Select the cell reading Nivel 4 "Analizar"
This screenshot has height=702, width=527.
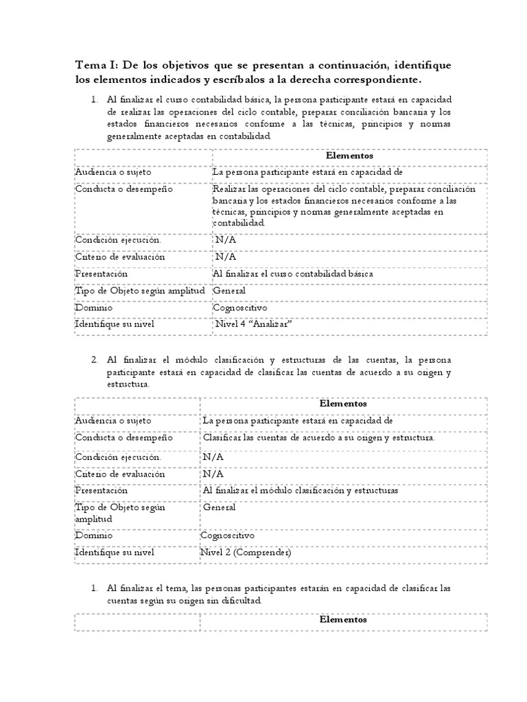point(249,325)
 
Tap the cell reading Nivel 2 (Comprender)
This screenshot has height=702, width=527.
point(246,552)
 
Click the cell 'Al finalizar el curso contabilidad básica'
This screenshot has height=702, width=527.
point(293,274)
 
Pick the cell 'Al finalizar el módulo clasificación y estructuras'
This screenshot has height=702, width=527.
point(301,490)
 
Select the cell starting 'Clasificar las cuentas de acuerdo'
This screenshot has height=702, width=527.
point(319,437)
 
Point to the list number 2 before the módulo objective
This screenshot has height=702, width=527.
point(95,360)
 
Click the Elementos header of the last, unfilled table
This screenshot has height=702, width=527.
point(343,619)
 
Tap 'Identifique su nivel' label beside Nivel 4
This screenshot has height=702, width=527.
point(115,325)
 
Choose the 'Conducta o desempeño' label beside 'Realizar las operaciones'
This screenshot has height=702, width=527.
point(124,190)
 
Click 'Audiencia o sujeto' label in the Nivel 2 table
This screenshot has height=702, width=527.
point(113,420)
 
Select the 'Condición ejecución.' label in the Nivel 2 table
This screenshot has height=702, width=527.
point(119,457)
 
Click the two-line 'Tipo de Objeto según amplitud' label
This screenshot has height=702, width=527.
point(120,513)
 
